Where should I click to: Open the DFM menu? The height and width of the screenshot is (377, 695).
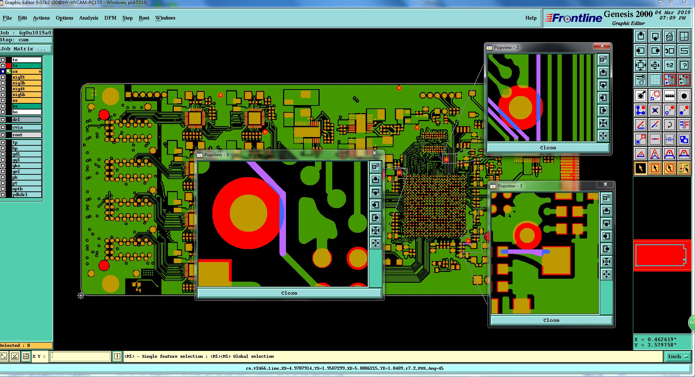(110, 18)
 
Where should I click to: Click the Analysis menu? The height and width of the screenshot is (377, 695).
(89, 18)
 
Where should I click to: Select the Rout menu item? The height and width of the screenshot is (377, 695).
(144, 18)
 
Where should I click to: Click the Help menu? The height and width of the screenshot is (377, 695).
(531, 18)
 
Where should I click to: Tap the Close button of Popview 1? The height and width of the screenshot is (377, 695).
(289, 293)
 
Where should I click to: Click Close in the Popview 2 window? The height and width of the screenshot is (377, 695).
(548, 148)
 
